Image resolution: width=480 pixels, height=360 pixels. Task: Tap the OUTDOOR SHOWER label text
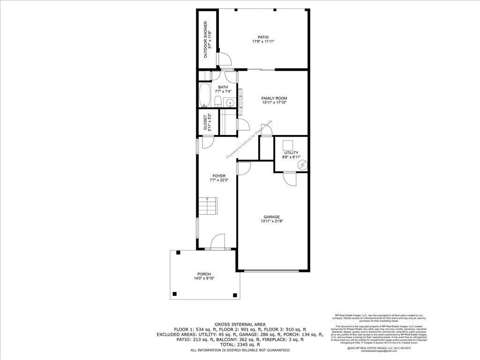point(205,40)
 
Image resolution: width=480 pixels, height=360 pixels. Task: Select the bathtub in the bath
point(204,96)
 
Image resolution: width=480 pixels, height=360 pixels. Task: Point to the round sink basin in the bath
point(230,103)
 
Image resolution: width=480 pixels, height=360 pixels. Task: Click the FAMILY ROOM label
point(274,98)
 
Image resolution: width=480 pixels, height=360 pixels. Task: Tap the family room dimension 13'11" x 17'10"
point(274,103)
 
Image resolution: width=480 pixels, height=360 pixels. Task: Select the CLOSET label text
point(205,122)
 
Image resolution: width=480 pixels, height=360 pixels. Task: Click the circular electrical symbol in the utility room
point(303,165)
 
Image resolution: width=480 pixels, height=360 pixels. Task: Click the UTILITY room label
point(291,153)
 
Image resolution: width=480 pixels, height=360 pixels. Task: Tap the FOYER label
point(219,176)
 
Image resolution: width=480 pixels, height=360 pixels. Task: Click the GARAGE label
point(271,217)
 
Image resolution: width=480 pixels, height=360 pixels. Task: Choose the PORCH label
point(204,274)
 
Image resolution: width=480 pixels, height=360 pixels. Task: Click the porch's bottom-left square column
point(175,294)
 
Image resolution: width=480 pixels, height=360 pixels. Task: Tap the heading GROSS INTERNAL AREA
point(240,324)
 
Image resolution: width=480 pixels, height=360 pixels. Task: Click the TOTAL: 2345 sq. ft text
point(240,345)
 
